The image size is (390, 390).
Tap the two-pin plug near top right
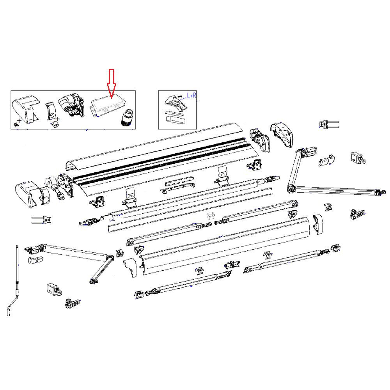[x=328, y=124]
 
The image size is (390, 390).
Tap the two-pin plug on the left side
[x=41, y=220]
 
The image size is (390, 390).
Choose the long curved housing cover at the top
[x=156, y=146]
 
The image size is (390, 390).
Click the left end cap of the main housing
[x=27, y=193]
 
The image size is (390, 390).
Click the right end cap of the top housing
[x=283, y=136]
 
